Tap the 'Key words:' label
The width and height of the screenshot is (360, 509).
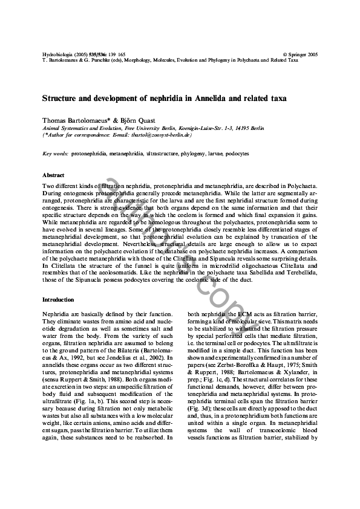click(55, 154)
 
